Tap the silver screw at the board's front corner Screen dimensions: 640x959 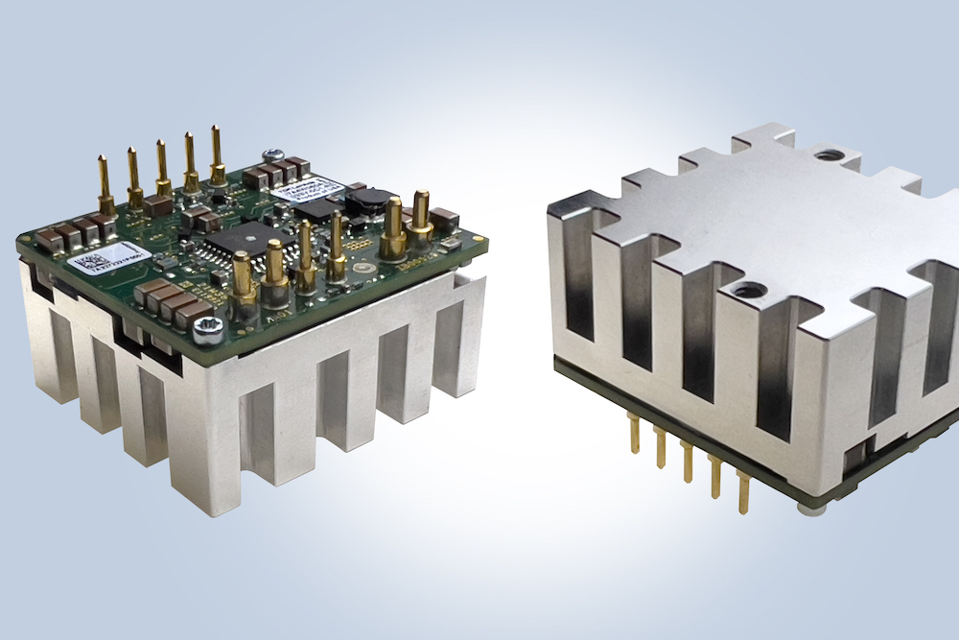click(x=205, y=329)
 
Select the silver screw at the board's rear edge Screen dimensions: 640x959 click(x=272, y=153)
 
